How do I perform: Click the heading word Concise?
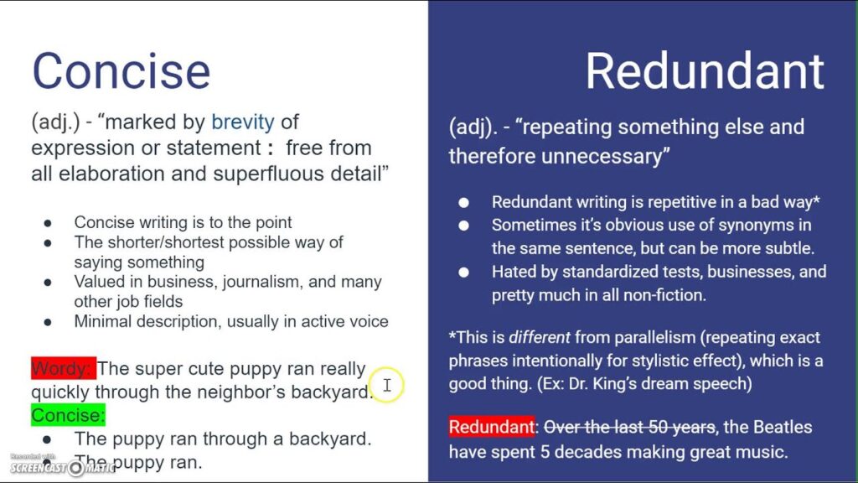[121, 70]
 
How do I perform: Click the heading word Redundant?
[704, 70]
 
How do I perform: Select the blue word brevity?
[242, 122]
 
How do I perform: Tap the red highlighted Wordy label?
[64, 369]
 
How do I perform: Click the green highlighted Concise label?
[68, 414]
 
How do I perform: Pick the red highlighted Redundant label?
[491, 427]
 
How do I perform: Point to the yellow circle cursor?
[386, 385]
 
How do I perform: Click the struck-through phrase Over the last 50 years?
[628, 427]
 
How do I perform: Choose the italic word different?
[539, 338]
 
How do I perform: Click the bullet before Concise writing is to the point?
[48, 223]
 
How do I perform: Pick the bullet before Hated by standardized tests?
[464, 273]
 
